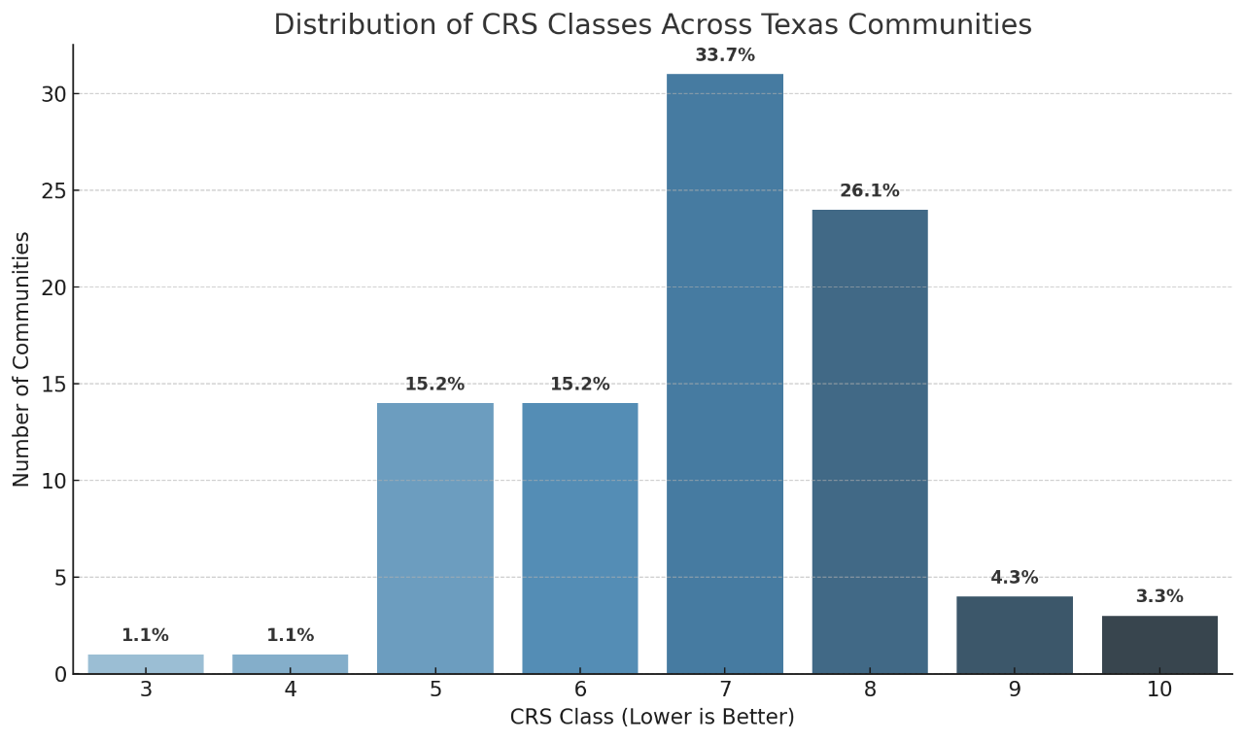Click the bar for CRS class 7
724,374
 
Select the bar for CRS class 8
870,442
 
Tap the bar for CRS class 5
434,538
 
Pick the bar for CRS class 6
580,538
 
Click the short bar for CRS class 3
146,664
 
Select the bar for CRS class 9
1014,635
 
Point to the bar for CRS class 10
1159,645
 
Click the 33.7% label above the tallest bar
724,55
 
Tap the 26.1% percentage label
870,191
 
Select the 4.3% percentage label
1014,578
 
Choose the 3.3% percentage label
1159,597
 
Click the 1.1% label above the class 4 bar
291,636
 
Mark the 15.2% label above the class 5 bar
434,385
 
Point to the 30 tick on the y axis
53,94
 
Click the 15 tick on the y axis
53,385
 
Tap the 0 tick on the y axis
60,674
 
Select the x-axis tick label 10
1159,690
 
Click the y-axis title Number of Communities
22,358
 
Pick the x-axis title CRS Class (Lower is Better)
652,718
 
